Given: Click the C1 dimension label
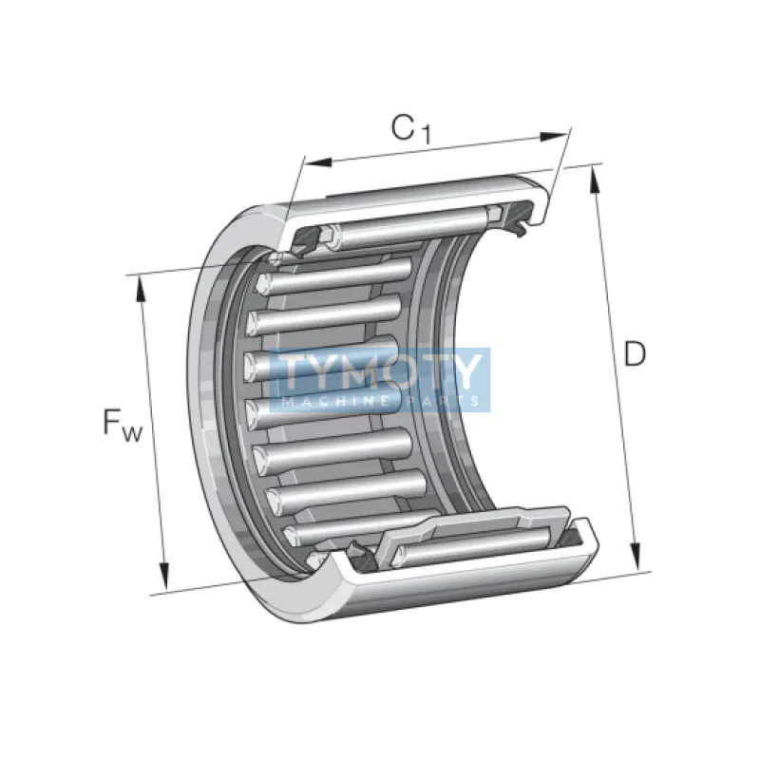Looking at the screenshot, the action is coord(411,129).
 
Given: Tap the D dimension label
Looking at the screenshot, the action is coord(635,353).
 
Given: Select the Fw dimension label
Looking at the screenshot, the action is coord(123,423).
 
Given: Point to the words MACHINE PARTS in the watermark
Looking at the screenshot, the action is coord(381,401).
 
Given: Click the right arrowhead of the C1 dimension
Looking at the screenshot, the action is coord(553,136).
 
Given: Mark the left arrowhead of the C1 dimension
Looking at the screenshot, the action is coord(317,162).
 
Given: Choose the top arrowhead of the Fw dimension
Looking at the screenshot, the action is coord(141,290).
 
